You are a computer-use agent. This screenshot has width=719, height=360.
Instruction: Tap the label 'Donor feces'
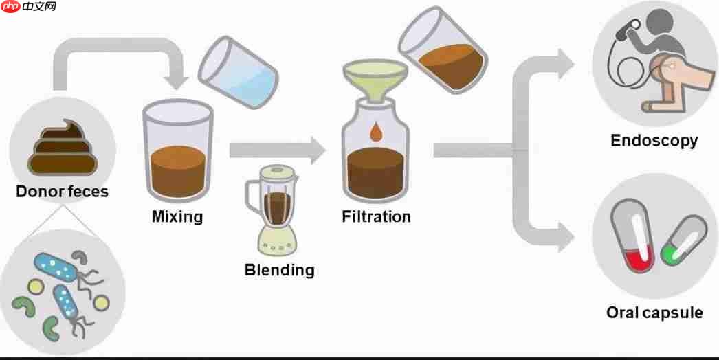click(63, 191)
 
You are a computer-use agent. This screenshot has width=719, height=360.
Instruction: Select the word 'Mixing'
click(177, 216)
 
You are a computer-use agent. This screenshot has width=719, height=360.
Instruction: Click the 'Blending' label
click(279, 269)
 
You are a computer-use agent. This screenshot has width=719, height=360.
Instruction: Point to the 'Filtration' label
click(376, 216)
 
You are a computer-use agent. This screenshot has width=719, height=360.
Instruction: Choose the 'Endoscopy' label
click(654, 141)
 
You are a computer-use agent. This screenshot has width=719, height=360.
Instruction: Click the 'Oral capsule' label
click(654, 313)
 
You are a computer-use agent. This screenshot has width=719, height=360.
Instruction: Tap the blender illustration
click(278, 206)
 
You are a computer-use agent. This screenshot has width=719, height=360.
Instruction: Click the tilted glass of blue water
click(238, 72)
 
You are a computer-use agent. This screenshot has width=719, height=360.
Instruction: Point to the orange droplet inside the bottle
click(375, 132)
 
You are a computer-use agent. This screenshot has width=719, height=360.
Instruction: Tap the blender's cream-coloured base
click(278, 238)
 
